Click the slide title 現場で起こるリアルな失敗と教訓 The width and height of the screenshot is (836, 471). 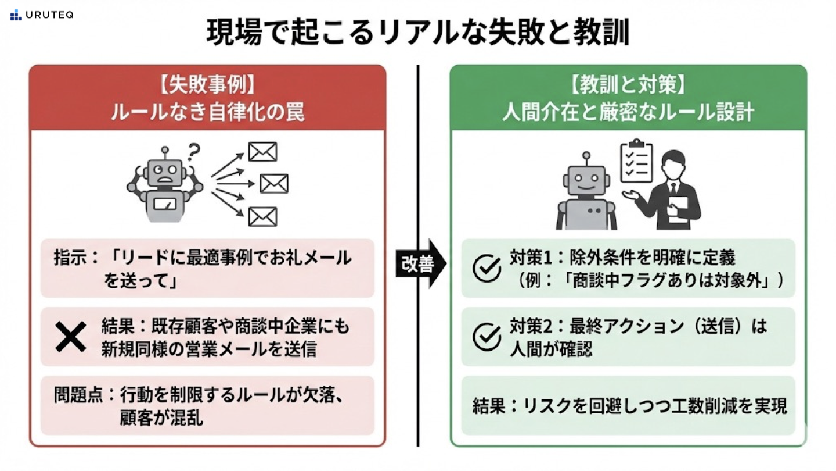[417, 34]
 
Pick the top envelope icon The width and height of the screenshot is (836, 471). [262, 152]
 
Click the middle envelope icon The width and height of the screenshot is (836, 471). [274, 184]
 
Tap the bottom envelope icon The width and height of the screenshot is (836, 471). [262, 216]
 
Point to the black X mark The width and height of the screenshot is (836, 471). [70, 337]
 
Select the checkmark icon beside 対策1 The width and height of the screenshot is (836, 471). [487, 268]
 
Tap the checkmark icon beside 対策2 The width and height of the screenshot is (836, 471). [487, 337]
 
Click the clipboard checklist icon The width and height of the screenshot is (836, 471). [636, 161]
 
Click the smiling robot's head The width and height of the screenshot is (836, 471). [586, 181]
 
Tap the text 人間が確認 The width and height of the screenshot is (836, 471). [551, 349]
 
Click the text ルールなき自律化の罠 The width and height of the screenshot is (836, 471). [207, 112]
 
